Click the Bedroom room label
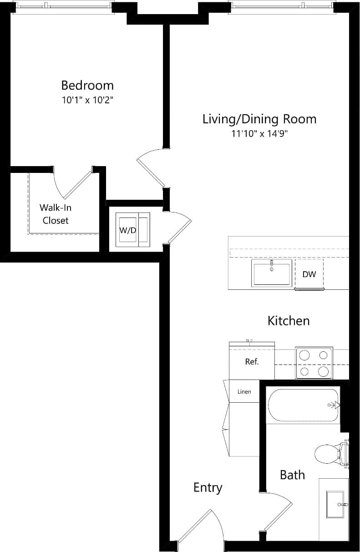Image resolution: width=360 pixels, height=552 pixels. (87, 85)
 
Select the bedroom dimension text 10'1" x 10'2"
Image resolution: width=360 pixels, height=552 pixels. (87, 100)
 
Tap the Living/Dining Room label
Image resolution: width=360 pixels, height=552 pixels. (259, 119)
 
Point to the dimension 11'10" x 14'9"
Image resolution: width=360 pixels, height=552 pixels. (259, 134)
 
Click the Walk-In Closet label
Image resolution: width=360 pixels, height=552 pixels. (56, 214)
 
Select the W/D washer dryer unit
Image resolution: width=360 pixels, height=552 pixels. (132, 230)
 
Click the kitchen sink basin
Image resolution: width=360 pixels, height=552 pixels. (272, 273)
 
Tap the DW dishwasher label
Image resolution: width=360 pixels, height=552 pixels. (309, 274)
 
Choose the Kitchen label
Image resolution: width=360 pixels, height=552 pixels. (289, 320)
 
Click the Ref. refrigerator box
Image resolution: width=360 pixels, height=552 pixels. (252, 362)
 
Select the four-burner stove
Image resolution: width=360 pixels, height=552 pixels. (314, 363)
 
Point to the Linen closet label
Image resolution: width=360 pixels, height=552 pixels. (244, 391)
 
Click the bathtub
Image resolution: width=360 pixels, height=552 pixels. (303, 405)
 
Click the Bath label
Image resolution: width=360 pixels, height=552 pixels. (292, 475)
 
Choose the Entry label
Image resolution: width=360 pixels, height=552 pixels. (208, 487)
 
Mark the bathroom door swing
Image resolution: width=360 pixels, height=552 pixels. (278, 512)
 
